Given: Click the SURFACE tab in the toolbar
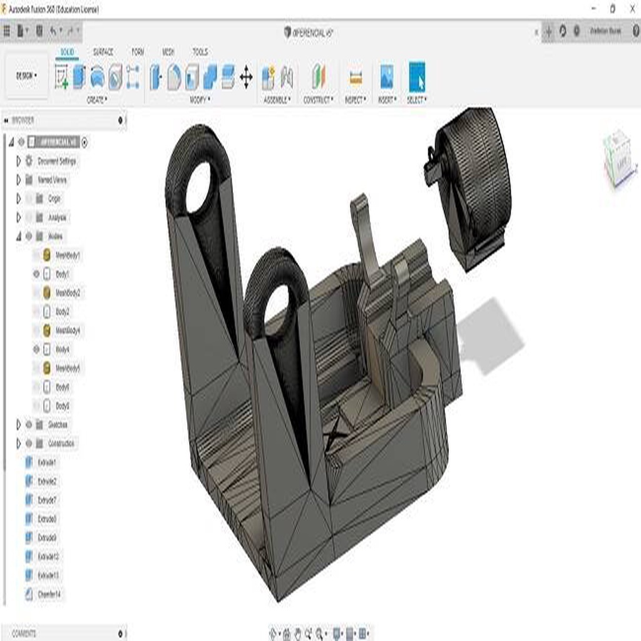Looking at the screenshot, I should [103, 52].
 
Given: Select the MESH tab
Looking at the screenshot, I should [168, 52].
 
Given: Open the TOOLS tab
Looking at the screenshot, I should [200, 52].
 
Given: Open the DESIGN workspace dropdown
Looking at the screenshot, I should [26, 76].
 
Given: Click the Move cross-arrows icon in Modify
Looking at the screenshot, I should [246, 78].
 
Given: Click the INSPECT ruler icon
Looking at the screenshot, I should [356, 78].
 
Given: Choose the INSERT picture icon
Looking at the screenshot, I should [387, 78].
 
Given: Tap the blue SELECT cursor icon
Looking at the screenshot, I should [417, 78].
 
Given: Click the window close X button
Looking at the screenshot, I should [630, 8].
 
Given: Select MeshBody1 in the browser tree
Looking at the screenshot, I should [68, 255].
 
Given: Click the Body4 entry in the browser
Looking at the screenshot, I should [63, 349].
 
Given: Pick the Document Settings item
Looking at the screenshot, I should [56, 161].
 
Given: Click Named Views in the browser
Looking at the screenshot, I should [52, 180].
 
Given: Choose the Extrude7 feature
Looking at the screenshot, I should [47, 500].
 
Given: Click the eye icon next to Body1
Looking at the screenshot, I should [36, 274].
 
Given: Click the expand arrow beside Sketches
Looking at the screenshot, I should [18, 424].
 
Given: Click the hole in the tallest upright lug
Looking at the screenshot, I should [199, 187].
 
